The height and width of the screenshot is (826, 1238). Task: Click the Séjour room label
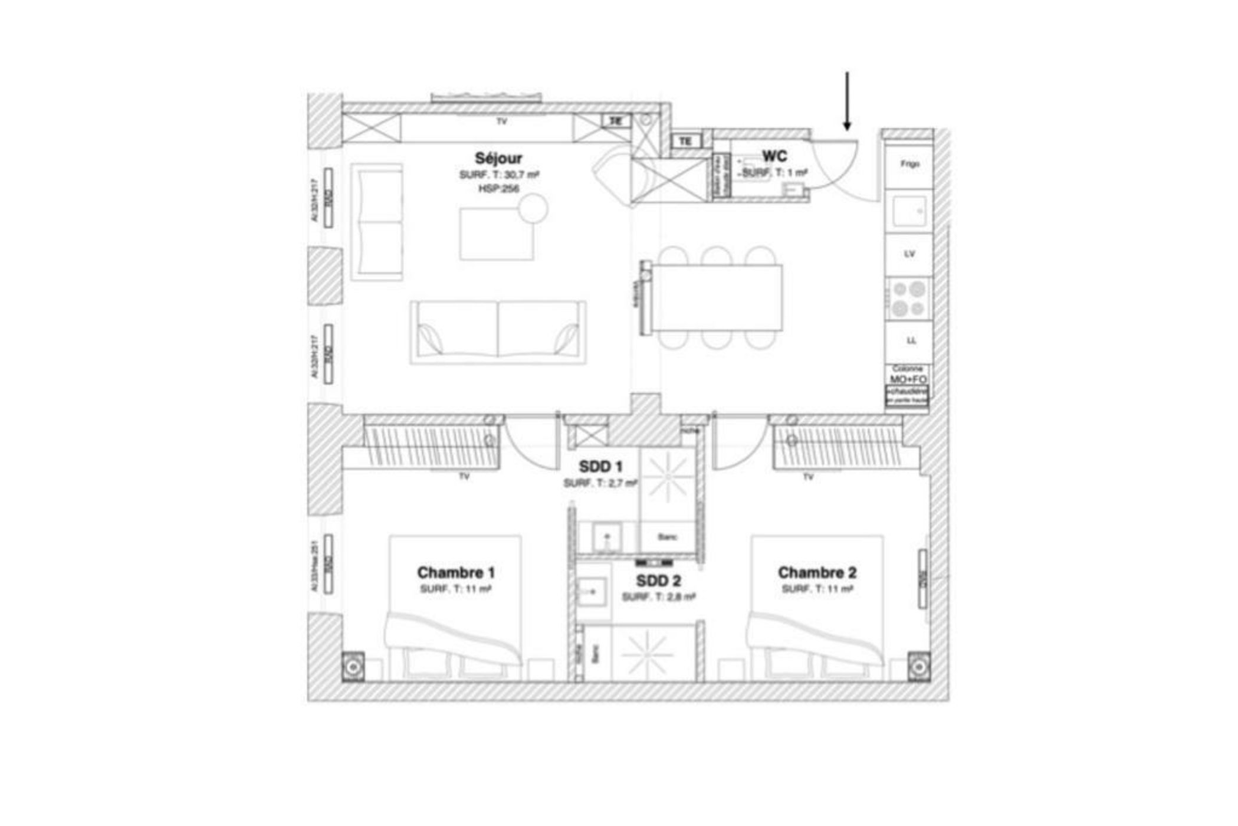pyautogui.click(x=498, y=158)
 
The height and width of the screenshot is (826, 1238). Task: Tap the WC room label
pyautogui.click(x=774, y=156)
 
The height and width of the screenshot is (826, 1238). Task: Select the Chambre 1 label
pyautogui.click(x=455, y=572)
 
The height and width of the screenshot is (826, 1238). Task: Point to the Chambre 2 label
pyautogui.click(x=817, y=572)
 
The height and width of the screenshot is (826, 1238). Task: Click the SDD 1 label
pyautogui.click(x=600, y=467)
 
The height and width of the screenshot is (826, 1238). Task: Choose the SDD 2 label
pyautogui.click(x=658, y=581)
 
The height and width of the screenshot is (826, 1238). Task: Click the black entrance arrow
pyautogui.click(x=847, y=100)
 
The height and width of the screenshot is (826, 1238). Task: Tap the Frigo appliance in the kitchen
pyautogui.click(x=909, y=164)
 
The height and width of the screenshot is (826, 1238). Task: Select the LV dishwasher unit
pyautogui.click(x=909, y=254)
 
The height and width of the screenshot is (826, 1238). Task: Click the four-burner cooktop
pyautogui.click(x=908, y=299)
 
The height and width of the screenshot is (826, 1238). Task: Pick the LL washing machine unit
pyautogui.click(x=911, y=340)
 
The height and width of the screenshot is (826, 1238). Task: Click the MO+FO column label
pyautogui.click(x=908, y=379)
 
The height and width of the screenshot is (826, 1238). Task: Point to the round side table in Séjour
pyautogui.click(x=533, y=208)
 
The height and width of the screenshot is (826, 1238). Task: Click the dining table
pyautogui.click(x=717, y=298)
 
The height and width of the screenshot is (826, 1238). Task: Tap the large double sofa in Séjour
pyautogui.click(x=498, y=332)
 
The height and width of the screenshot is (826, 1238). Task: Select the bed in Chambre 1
pyautogui.click(x=454, y=608)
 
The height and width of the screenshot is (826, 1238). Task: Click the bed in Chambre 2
pyautogui.click(x=817, y=608)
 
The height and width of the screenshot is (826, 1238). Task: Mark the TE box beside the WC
pyautogui.click(x=685, y=142)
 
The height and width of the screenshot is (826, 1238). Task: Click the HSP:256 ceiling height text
pyautogui.click(x=498, y=189)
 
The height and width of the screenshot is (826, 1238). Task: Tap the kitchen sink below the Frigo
pyautogui.click(x=908, y=211)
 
